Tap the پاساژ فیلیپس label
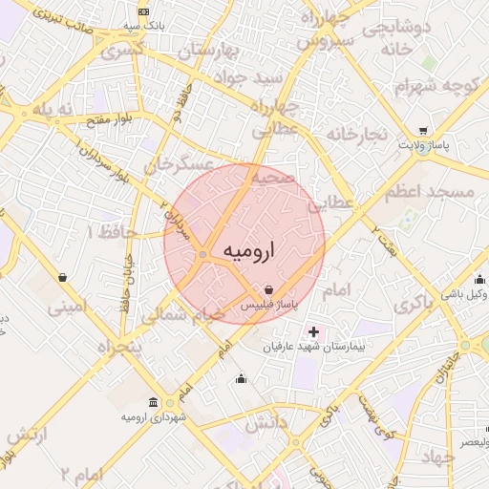click(268, 304)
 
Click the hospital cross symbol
click(314, 331)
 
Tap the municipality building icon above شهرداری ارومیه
click(154, 402)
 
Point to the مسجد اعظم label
click(430, 192)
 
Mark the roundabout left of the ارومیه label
click(203, 253)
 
